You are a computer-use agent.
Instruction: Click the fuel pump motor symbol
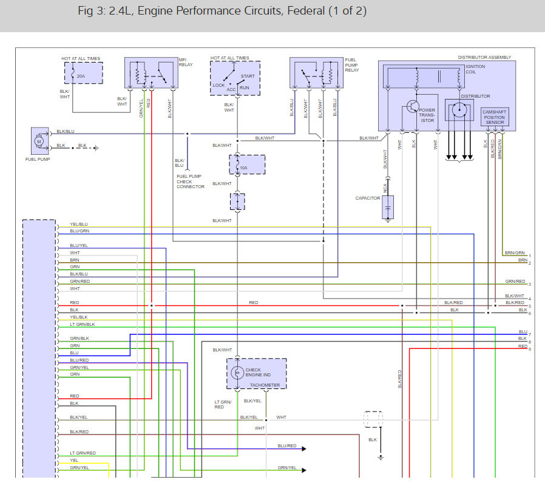click(x=39, y=141)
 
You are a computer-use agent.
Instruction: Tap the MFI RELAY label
click(x=186, y=62)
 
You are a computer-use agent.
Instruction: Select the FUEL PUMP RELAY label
click(x=352, y=65)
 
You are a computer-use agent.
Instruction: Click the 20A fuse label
click(x=81, y=76)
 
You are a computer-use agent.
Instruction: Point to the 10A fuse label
click(x=243, y=168)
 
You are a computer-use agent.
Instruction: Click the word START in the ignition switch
click(x=248, y=76)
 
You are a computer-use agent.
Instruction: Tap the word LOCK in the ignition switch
click(x=218, y=85)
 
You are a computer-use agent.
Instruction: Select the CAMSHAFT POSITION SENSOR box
click(x=495, y=117)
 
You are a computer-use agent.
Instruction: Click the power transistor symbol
click(x=413, y=106)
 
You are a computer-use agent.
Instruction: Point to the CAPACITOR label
click(x=368, y=198)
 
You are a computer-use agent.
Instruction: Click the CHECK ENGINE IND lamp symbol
click(x=237, y=373)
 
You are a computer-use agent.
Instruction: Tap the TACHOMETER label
click(x=265, y=385)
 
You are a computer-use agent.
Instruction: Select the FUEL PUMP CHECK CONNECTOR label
click(x=191, y=181)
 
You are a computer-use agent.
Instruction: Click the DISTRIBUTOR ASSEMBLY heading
click(x=484, y=57)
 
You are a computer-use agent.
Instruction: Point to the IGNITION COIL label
click(x=475, y=69)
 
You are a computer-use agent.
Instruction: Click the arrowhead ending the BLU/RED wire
click(x=304, y=449)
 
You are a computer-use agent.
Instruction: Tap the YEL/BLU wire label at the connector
click(x=79, y=224)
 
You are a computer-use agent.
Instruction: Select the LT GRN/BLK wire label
click(x=83, y=324)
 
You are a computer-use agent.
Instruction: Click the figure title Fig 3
click(x=222, y=11)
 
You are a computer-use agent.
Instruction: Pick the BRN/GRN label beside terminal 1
click(x=515, y=252)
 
